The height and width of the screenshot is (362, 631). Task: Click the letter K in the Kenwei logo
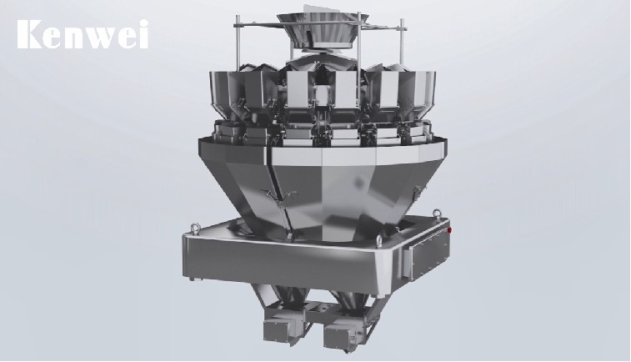tap(30, 35)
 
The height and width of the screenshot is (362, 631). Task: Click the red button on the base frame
tap(449, 230)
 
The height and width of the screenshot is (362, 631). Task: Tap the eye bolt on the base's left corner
tap(196, 228)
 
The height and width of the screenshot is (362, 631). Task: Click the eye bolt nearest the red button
tap(435, 214)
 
